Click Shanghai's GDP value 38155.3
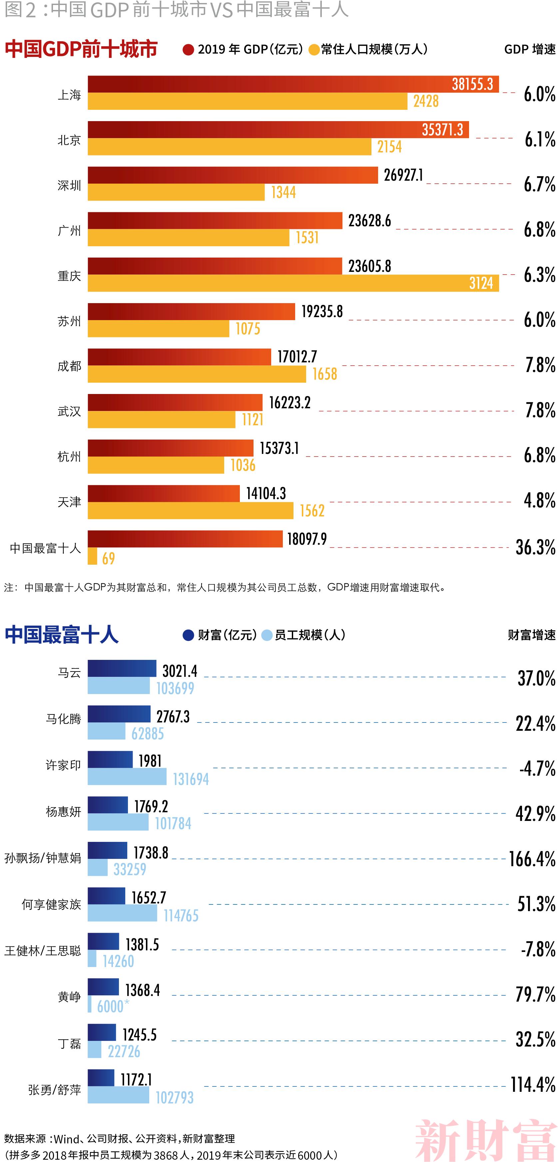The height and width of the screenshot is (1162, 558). tap(472, 84)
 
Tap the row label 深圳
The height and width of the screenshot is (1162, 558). tap(69, 185)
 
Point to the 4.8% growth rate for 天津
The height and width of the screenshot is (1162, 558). tap(539, 501)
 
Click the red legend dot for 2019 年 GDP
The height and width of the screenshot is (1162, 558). tap(188, 50)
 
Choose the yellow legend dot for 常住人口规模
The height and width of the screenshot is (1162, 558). tap(314, 50)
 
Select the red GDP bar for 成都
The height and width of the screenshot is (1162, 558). tap(179, 357)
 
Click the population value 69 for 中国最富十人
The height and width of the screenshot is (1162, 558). tap(108, 558)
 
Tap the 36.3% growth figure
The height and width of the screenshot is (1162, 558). tap(535, 547)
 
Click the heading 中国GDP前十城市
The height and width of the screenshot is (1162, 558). tap(81, 49)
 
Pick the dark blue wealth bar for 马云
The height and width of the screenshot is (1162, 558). tap(122, 669)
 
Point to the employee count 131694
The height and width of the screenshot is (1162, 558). tap(191, 779)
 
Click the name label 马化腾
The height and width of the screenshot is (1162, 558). tap(63, 718)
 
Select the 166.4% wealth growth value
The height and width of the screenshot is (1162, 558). tap(532, 859)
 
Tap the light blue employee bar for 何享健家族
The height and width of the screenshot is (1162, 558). tap(122, 913)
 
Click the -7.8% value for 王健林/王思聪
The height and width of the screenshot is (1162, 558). tap(538, 949)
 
